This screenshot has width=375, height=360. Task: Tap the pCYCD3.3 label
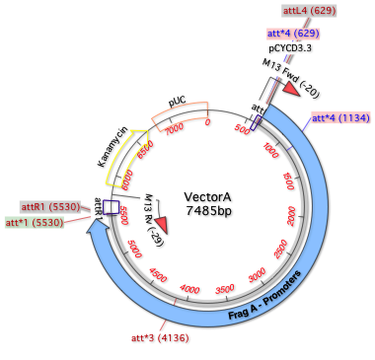click(290, 47)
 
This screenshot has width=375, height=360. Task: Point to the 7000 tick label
click(174, 128)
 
